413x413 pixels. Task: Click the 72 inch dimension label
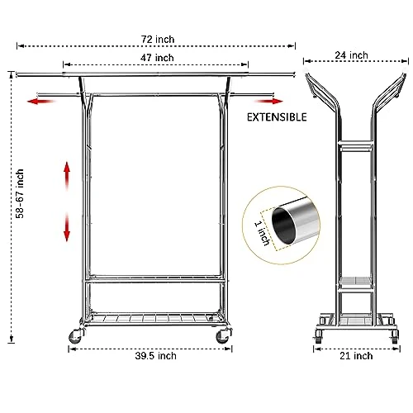(x=158, y=40)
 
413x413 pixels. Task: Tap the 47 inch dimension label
(x=157, y=58)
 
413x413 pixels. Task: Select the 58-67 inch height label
(x=20, y=193)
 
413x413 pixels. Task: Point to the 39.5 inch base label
(x=155, y=356)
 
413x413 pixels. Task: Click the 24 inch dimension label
(x=351, y=55)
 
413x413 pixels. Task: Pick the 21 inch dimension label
(x=356, y=356)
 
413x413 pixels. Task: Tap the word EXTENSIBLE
(x=277, y=117)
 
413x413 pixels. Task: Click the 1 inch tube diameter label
(x=262, y=233)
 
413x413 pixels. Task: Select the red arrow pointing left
(x=41, y=102)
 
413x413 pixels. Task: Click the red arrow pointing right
(x=268, y=102)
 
